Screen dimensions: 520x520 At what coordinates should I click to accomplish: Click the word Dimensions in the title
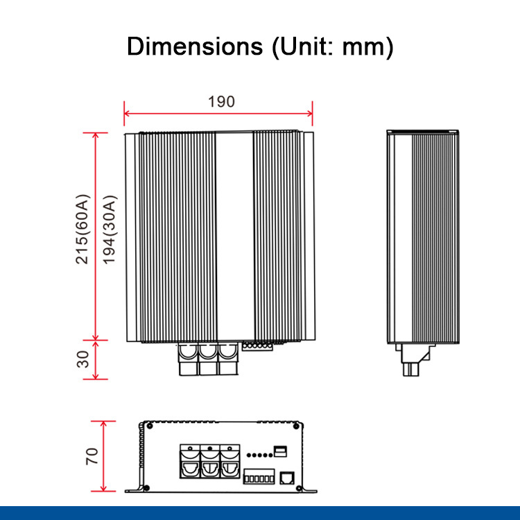(195, 46)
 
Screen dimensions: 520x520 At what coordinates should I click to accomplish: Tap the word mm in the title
(363, 47)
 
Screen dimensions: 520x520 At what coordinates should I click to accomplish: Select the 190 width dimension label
(221, 102)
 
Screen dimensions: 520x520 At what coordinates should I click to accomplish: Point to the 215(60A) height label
(83, 229)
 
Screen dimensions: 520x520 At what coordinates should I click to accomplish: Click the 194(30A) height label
(110, 229)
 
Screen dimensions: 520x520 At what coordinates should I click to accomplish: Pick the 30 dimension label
(83, 359)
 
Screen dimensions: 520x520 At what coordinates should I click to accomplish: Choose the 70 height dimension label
(92, 456)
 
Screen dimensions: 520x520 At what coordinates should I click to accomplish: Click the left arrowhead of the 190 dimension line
(126, 114)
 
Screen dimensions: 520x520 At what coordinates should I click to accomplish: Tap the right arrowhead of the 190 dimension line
(310, 114)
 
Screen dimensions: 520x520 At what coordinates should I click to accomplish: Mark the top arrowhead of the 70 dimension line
(103, 424)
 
